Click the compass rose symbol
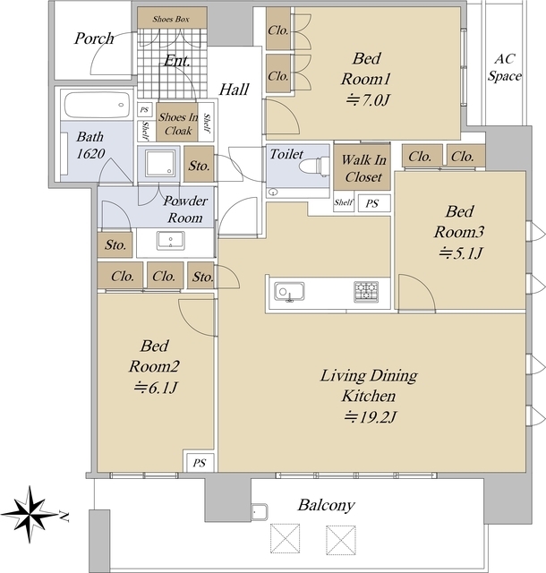coord(30,514)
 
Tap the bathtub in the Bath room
coord(97,105)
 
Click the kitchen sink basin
coord(289,292)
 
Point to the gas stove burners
coord(366,292)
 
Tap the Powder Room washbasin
coord(171,241)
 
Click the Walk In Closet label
coord(363,168)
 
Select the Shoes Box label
coord(171,19)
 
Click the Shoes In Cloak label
coord(178,124)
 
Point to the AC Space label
coord(505,67)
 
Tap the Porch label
coord(94,38)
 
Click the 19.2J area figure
coord(370,416)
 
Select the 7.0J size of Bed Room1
coord(367,99)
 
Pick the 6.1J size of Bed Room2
coord(156,388)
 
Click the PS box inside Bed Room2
coord(200,463)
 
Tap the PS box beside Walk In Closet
coord(372,203)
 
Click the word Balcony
coord(327,505)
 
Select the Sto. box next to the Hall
coord(199,164)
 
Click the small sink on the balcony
coord(260,512)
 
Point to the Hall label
coord(234,90)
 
